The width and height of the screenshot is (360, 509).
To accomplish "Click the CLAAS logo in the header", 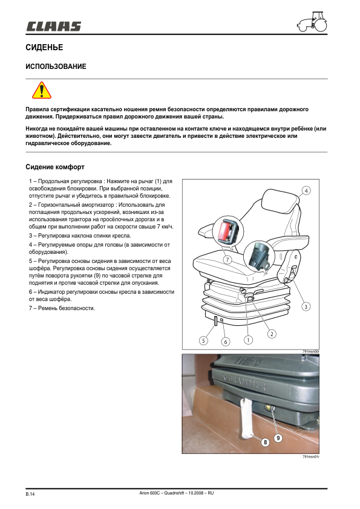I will (53, 26).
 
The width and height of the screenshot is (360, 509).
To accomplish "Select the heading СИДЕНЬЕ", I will (44, 47).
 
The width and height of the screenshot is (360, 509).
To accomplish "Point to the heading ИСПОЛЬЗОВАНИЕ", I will (56, 66).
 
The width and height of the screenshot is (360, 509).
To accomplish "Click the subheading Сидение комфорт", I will (54, 166).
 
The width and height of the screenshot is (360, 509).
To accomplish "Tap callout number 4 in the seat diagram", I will (306, 190).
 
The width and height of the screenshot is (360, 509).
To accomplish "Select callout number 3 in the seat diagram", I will (306, 306).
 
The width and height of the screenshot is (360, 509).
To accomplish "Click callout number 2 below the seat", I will (272, 333).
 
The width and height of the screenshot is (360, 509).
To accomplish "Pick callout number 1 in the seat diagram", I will (247, 340).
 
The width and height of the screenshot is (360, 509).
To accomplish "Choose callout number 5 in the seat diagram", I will (204, 341).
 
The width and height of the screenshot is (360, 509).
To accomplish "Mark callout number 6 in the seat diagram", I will (226, 342).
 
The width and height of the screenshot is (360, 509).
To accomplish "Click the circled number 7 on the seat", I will (227, 259).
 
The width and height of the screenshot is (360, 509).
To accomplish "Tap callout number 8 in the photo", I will (264, 443).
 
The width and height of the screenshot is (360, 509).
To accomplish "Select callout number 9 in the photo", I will (278, 437).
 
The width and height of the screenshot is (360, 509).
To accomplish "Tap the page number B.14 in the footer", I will (31, 495).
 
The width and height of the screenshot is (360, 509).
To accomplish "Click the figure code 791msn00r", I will (311, 351).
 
